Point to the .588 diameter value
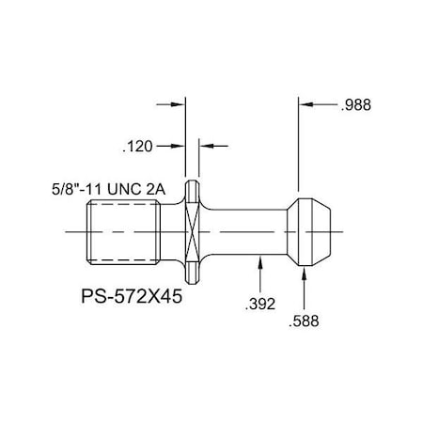305,321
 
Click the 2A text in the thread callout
156,189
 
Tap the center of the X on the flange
193,231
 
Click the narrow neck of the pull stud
244,231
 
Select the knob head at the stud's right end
310,231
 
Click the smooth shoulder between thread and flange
175,231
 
